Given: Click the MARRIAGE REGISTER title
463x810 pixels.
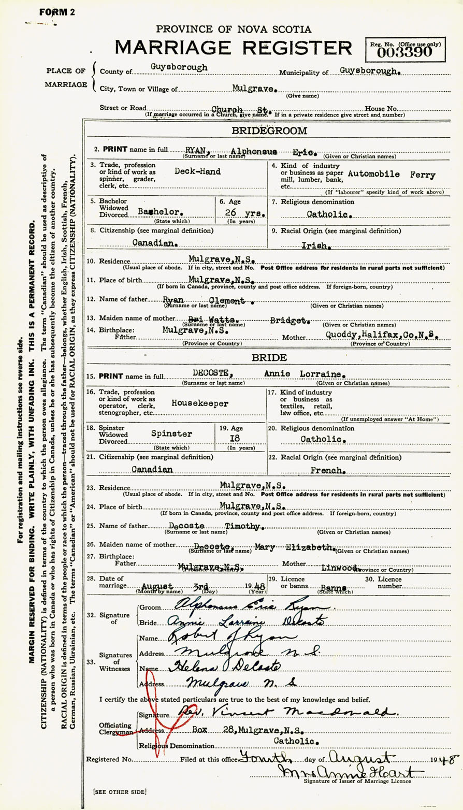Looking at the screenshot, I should [x=233, y=48].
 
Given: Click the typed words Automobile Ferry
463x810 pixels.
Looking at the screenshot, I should [x=392, y=175].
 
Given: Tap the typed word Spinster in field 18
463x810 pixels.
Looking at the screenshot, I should [x=171, y=434].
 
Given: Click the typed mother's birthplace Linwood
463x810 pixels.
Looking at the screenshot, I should [x=340, y=568].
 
